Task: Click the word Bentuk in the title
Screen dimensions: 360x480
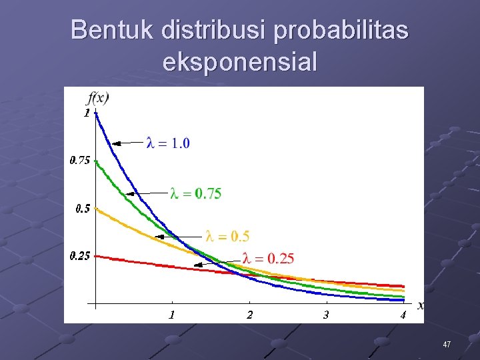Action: (x=111, y=30)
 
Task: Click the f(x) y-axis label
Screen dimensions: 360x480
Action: (x=98, y=98)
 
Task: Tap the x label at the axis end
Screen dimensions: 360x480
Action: (x=420, y=305)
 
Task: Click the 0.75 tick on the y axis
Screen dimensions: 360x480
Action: (x=80, y=160)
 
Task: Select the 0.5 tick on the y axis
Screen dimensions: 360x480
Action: (x=82, y=208)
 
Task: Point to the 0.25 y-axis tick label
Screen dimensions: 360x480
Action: (x=80, y=256)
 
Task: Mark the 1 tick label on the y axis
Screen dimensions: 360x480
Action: (x=87, y=113)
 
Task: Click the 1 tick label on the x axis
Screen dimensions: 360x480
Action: (x=172, y=315)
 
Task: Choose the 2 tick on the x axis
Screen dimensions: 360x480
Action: (x=249, y=315)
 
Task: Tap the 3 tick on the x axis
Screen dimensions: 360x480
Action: (x=325, y=315)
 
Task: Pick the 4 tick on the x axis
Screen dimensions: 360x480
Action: (x=403, y=315)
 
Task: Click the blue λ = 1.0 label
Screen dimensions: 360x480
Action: (x=168, y=143)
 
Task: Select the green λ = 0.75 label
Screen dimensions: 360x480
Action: (x=196, y=193)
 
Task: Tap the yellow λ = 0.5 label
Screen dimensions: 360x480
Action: (x=227, y=236)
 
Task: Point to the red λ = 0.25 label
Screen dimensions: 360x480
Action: (x=268, y=259)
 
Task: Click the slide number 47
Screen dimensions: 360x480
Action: (x=447, y=345)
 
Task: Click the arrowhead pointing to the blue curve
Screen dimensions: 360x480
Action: (x=115, y=143)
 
